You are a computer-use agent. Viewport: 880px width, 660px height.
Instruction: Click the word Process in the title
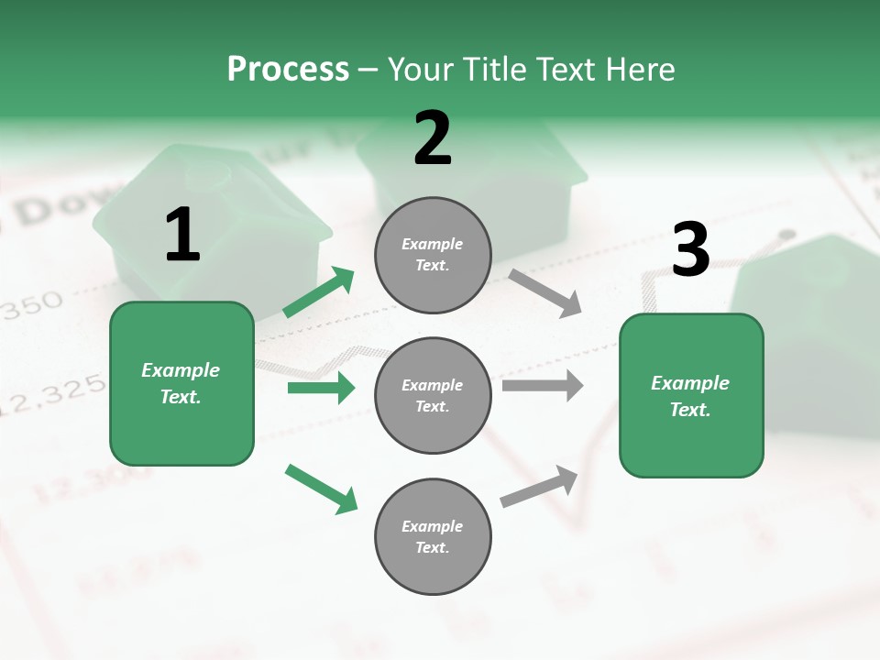pyautogui.click(x=288, y=70)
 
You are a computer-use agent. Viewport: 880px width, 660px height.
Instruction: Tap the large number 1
pyautogui.click(x=182, y=235)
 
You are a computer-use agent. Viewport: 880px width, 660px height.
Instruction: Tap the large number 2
pyautogui.click(x=433, y=138)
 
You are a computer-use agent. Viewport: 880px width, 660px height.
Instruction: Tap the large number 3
pyautogui.click(x=690, y=249)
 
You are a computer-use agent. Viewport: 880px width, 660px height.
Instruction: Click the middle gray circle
pyautogui.click(x=433, y=396)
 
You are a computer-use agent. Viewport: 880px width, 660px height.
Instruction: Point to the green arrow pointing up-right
pyautogui.click(x=319, y=291)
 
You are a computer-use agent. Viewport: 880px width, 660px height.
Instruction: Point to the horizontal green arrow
pyautogui.click(x=321, y=388)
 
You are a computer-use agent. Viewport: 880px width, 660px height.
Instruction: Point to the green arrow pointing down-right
pyautogui.click(x=321, y=488)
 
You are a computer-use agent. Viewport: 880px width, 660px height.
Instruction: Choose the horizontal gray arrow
pyautogui.click(x=542, y=386)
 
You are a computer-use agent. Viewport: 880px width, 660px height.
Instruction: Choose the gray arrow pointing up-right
pyautogui.click(x=539, y=486)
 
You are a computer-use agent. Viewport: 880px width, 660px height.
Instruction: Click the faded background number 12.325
pyautogui.click(x=50, y=395)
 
